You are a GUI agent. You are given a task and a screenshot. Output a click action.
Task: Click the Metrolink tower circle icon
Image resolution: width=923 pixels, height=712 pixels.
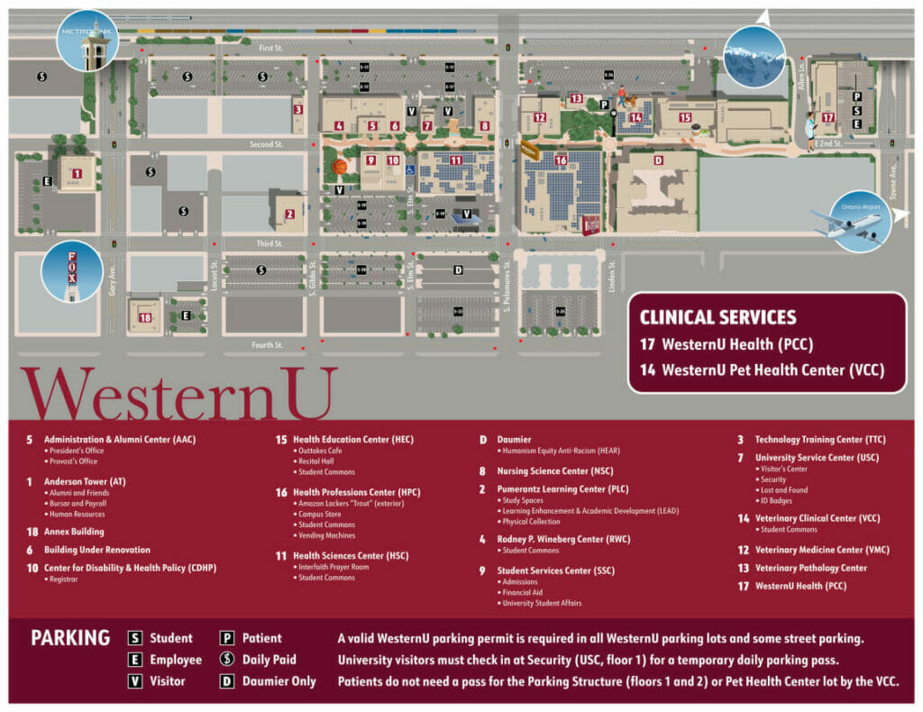tap(87, 40)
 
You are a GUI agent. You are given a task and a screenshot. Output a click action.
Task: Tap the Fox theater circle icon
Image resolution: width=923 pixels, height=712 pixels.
tap(72, 270)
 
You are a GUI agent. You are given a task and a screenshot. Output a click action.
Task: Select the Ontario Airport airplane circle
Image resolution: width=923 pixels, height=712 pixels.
tap(860, 222)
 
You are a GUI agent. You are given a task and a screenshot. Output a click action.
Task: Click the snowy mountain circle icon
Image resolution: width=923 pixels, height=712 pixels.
tap(754, 57)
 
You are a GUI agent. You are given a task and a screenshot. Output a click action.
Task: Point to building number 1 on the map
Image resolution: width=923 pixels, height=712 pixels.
tap(77, 174)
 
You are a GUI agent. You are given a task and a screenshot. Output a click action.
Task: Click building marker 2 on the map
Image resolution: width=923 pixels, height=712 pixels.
tap(289, 215)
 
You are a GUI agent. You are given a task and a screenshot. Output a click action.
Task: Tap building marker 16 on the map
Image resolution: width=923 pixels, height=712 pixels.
tap(561, 160)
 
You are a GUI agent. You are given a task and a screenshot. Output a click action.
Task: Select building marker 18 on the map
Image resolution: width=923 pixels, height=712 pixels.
tap(144, 315)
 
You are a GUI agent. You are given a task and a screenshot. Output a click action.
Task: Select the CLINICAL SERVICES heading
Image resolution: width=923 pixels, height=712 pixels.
tap(717, 317)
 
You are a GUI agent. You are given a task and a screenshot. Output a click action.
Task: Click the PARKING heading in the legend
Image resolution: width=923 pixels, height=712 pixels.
tap(70, 638)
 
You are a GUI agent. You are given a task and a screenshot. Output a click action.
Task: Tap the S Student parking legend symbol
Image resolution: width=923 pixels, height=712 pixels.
tap(135, 638)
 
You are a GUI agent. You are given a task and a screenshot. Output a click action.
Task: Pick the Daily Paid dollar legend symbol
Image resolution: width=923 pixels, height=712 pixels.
tap(227, 660)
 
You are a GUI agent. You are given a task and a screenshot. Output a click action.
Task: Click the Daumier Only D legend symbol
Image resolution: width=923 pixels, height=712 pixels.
tap(227, 681)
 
